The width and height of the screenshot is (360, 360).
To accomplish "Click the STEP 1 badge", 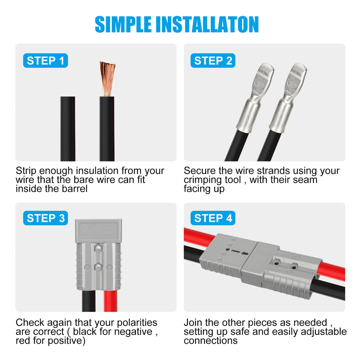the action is tap(45, 61).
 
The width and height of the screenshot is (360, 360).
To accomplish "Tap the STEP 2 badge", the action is tap(213, 61).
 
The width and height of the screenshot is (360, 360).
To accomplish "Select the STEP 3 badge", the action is tap(45, 218).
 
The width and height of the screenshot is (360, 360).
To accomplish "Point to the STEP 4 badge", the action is tap(213, 218).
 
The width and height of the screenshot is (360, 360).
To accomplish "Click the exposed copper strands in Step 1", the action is tap(107, 79).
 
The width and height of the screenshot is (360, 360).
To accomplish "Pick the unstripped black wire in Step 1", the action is tap(67, 129).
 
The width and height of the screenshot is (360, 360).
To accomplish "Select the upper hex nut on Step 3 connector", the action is tap(98, 248).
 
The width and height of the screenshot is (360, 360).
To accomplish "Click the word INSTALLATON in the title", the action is tap(209, 25).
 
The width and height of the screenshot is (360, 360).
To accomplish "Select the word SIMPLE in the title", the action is tap(123, 25).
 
